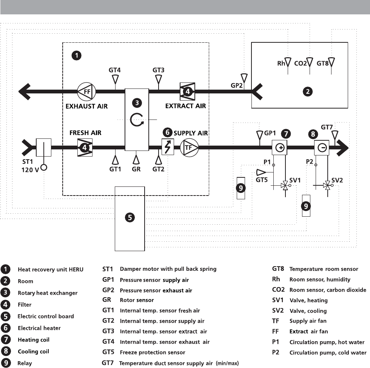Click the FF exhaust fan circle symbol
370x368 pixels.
click(86, 91)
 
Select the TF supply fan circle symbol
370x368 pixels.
click(188, 148)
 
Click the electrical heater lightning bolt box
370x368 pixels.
click(167, 147)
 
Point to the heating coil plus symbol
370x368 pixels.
click(280, 148)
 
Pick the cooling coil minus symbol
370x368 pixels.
click(322, 148)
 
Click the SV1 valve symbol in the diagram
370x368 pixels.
click(285, 186)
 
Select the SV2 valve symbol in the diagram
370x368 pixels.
click(328, 186)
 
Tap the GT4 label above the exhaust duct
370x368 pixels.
click(115, 70)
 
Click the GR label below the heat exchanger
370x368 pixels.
click(136, 169)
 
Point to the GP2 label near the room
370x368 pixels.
click(237, 85)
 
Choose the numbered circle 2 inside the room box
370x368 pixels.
click(308, 91)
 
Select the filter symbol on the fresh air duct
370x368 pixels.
click(85, 148)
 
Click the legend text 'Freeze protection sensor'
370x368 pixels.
click(152, 352)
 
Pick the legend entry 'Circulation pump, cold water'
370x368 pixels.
click(328, 353)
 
